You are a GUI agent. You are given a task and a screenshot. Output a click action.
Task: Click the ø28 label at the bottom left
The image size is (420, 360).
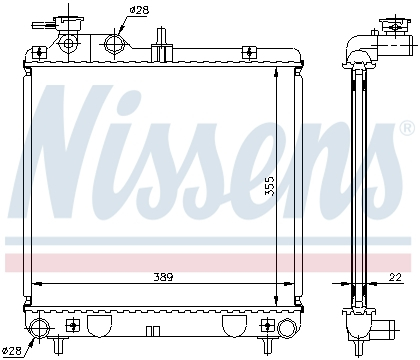click(x=14, y=349)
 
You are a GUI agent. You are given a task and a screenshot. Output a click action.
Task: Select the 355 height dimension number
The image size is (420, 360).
click(x=269, y=187)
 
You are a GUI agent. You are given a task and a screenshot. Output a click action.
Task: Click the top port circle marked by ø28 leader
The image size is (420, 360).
click(x=113, y=44)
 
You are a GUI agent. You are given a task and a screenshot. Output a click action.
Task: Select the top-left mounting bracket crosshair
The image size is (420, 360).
click(x=39, y=54)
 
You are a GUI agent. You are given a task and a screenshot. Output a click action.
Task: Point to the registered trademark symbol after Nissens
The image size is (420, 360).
click(x=406, y=128)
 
